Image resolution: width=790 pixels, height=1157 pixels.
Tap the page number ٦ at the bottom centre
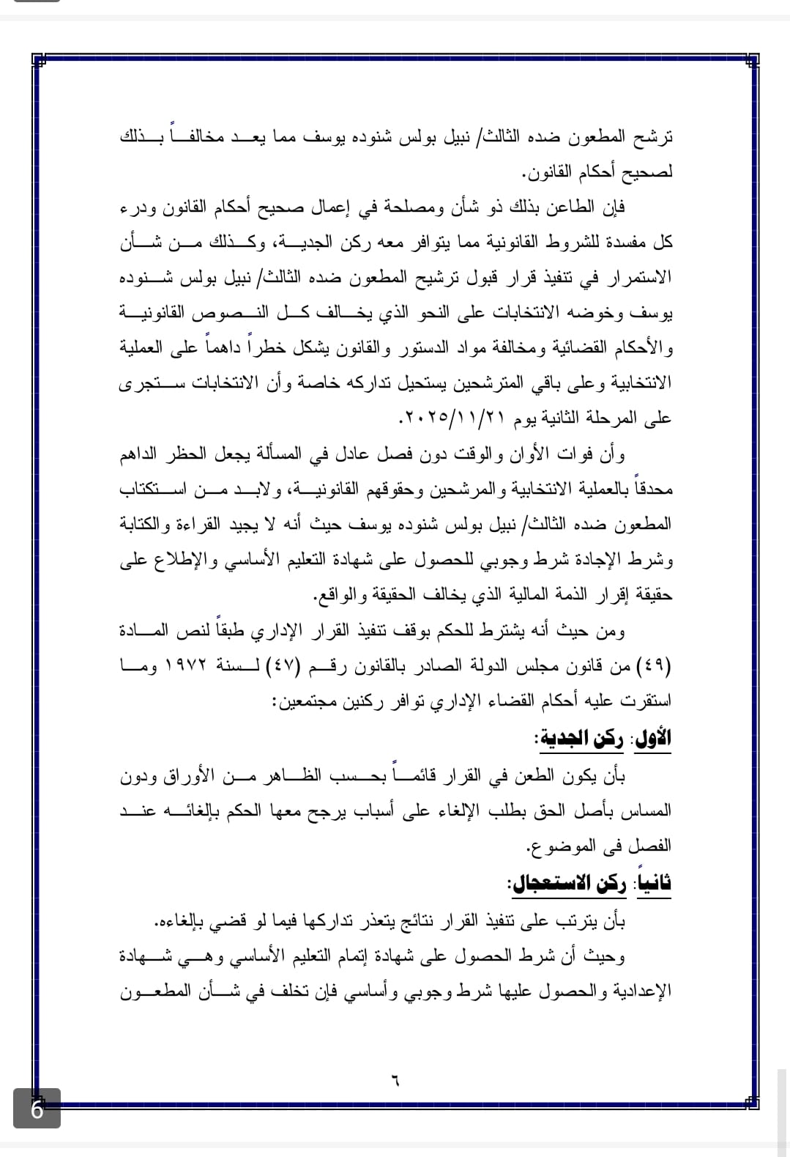pos(395,1081)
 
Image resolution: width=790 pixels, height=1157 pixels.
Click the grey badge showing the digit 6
pos(37,1108)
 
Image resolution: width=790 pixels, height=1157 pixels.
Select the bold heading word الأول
pos(653,738)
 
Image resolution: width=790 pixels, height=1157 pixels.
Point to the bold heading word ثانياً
pos(654,884)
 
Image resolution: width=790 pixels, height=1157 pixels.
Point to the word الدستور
pos(416,349)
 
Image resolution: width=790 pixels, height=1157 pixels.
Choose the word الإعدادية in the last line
pos(641,992)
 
